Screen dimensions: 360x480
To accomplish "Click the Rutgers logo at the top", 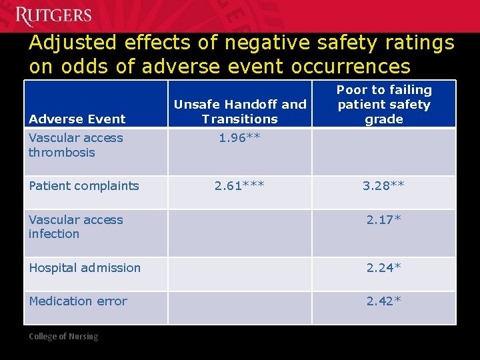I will click(53, 15).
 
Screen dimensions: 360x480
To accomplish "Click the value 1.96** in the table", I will click(239, 138).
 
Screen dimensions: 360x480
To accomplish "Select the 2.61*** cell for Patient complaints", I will click(239, 185).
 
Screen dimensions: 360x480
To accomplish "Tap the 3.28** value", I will click(383, 185).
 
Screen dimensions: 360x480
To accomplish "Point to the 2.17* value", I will click(383, 219).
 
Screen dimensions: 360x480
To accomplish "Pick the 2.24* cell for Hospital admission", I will click(383, 267).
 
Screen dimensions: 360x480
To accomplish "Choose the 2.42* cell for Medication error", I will click(383, 301).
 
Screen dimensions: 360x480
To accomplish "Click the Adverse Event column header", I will click(77, 119).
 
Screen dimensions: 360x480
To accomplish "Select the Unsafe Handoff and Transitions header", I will click(239, 111).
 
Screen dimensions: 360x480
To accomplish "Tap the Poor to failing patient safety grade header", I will click(384, 104).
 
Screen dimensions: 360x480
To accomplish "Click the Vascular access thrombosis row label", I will click(75, 145).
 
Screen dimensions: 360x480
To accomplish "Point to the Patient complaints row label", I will click(84, 185).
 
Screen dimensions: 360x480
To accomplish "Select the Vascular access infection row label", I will click(75, 227).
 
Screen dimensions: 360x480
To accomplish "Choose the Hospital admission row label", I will click(85, 267).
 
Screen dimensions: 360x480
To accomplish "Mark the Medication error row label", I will click(78, 301).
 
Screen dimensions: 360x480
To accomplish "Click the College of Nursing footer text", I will click(63, 337).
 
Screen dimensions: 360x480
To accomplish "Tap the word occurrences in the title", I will click(353, 67).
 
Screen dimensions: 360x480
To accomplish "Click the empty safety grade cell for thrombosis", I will click(383, 151).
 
